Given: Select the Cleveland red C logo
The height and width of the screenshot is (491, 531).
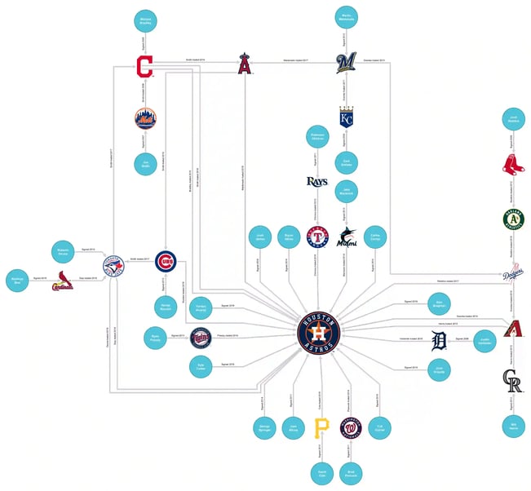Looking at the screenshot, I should [x=144, y=66].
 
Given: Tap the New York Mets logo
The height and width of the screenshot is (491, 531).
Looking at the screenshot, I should [x=144, y=118].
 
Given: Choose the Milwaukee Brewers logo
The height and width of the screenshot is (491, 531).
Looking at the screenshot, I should [x=347, y=64].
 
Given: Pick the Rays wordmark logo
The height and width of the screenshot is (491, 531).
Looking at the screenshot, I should [x=316, y=181].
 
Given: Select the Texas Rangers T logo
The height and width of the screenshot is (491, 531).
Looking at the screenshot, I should [x=316, y=237].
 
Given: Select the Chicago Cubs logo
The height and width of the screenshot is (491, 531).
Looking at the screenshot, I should [x=165, y=263].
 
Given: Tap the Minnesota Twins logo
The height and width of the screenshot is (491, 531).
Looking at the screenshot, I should [x=201, y=337].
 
